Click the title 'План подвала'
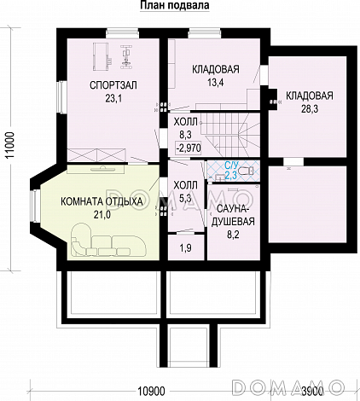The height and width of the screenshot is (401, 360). tap(175, 5)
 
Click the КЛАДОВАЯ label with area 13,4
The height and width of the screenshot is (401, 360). tap(216, 69)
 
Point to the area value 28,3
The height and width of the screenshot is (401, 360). tap(310, 109)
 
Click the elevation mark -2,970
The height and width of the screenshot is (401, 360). tap(189, 148)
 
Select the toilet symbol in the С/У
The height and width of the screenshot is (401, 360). tap(247, 171)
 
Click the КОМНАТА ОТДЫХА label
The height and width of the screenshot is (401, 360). tap(102, 201)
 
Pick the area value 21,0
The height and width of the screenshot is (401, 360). tap(102, 215)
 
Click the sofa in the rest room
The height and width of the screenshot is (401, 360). tap(107, 241)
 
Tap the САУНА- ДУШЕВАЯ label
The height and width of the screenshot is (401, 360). tap(232, 215)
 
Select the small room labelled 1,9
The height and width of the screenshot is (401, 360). tap(186, 247)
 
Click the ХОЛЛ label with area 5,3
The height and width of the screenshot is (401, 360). tap(185, 186)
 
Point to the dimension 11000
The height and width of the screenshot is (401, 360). tap(11, 148)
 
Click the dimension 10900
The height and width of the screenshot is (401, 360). tap(152, 392)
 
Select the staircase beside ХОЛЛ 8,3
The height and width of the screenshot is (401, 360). tap(230, 135)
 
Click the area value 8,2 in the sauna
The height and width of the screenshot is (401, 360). tap(232, 235)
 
